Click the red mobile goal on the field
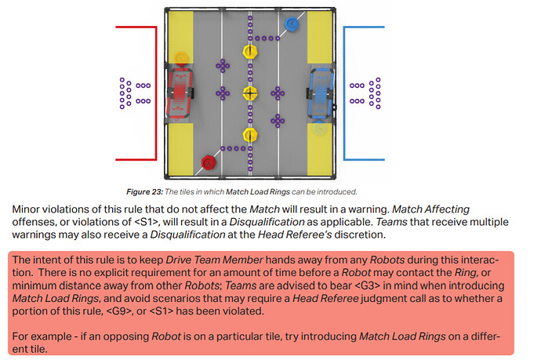click(209, 162)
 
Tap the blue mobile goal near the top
click(292, 24)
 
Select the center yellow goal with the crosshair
click(250, 93)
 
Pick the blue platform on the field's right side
click(321, 93)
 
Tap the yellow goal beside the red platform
click(181, 59)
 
